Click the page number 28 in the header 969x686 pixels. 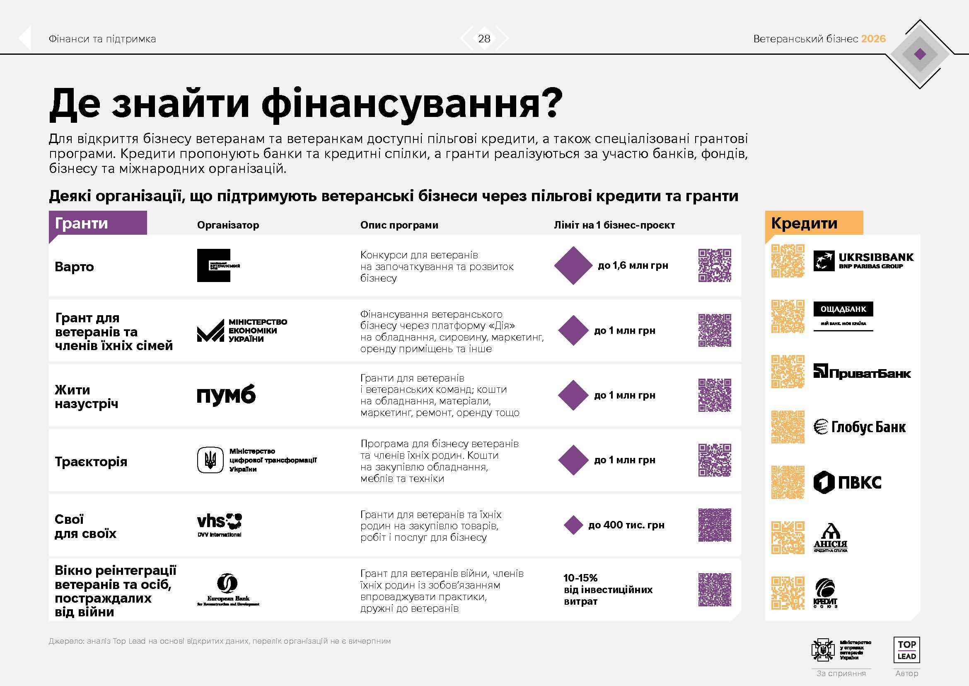pyautogui.click(x=484, y=39)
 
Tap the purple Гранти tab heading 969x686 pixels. pyautogui.click(x=82, y=223)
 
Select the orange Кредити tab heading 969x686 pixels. pyautogui.click(x=804, y=223)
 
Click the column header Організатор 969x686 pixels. pyautogui.click(x=228, y=225)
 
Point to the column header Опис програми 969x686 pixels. pyautogui.click(x=399, y=225)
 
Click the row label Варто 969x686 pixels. pyautogui.click(x=74, y=267)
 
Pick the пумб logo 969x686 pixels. pyautogui.click(x=226, y=395)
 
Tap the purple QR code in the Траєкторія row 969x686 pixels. pyautogui.click(x=715, y=460)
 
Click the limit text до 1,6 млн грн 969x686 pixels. pyautogui.click(x=633, y=265)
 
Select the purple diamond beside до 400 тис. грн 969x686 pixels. pyautogui.click(x=573, y=525)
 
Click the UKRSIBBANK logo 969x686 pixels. pyautogui.click(x=863, y=260)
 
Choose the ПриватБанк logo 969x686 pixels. pyautogui.click(x=862, y=372)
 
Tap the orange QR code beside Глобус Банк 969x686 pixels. pyautogui.click(x=788, y=427)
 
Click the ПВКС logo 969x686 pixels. pyautogui.click(x=847, y=482)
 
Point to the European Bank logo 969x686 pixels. pyautogui.click(x=228, y=590)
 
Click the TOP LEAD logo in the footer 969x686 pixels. pyautogui.click(x=906, y=650)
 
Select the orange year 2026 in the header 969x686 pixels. pyautogui.click(x=873, y=39)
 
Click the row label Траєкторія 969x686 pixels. pyautogui.click(x=91, y=462)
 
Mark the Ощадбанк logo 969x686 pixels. pyautogui.click(x=843, y=315)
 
